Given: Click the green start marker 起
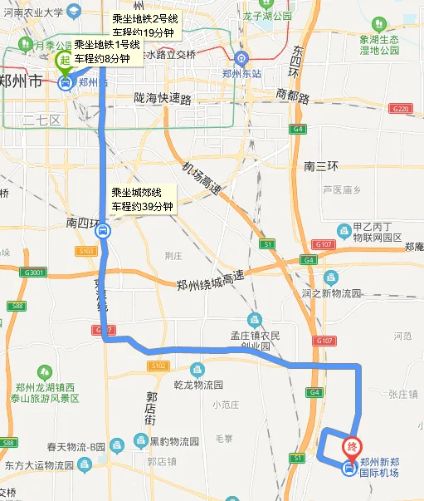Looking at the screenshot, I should click(65, 61).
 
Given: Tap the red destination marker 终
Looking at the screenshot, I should click(353, 447).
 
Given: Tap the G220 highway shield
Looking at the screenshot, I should click(401, 109).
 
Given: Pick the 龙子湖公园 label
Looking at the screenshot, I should click(266, 16).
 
